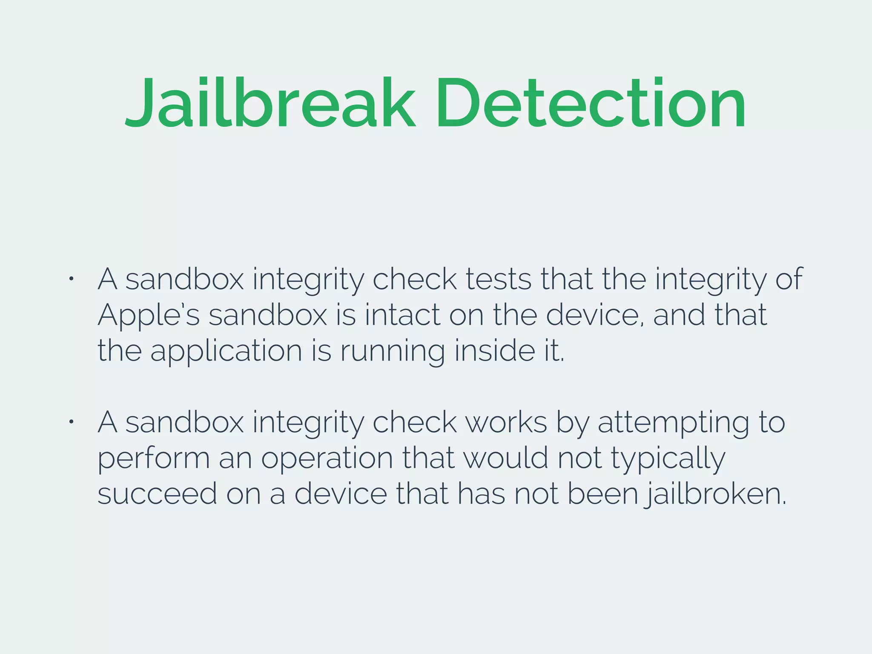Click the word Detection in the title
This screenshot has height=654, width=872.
(590, 103)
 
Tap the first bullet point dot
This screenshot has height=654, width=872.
(72, 279)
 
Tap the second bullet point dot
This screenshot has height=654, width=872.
(72, 422)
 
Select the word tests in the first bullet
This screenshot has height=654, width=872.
(498, 280)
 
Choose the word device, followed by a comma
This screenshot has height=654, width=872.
(595, 316)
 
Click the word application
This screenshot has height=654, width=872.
(226, 352)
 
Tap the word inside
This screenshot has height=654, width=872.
(495, 351)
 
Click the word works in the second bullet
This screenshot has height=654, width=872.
(506, 423)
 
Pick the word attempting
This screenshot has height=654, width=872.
(673, 423)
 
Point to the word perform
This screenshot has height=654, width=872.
(154, 459)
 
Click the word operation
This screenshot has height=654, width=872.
(327, 459)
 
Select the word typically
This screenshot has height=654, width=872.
(668, 459)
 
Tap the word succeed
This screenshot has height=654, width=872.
(157, 494)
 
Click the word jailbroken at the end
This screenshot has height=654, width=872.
(715, 494)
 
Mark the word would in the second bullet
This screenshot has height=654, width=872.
(505, 459)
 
